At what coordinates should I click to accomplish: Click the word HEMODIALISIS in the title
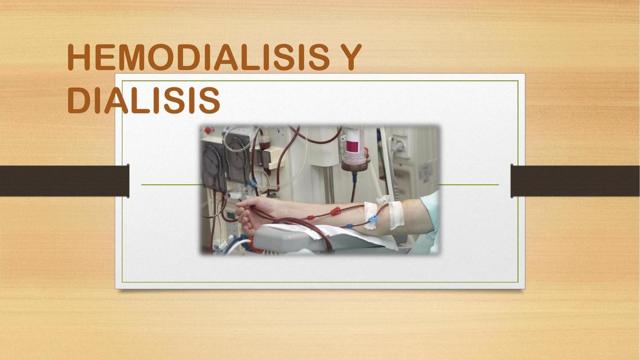[x=199, y=57]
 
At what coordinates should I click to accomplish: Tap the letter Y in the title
[x=349, y=57]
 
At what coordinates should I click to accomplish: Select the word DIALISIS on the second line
[x=143, y=100]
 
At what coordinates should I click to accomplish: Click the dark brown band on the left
[x=65, y=181]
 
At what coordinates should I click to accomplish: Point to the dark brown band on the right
[x=575, y=181]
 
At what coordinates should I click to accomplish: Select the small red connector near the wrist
[x=310, y=218]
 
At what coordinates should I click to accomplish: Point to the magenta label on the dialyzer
[x=353, y=146]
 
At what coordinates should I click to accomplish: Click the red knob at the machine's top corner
[x=208, y=130]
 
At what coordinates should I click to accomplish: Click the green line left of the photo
[x=171, y=184]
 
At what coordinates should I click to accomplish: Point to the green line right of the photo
[x=468, y=184]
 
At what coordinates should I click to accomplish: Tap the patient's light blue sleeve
[x=429, y=220]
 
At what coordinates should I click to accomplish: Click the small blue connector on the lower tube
[x=349, y=226]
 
